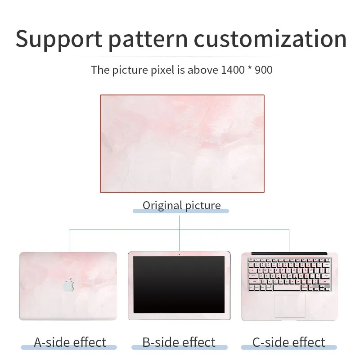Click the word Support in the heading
pos(59,40)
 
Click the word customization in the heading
pos(270,39)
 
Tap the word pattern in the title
pos(148,40)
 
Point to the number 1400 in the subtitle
pos(233,70)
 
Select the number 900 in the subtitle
pos(264,70)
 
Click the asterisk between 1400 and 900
pos(250,68)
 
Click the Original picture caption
pos(182,206)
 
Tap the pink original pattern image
pos(182,144)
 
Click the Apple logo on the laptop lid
pos(69,285)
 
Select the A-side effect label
pos(70,342)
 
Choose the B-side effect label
pos(179,342)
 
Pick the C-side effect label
pos(288,342)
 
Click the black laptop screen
pos(179,284)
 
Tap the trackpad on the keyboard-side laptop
pos(290,306)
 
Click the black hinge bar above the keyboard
pos(289,253)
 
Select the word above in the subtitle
pos(203,70)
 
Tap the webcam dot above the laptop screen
pos(179,254)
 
